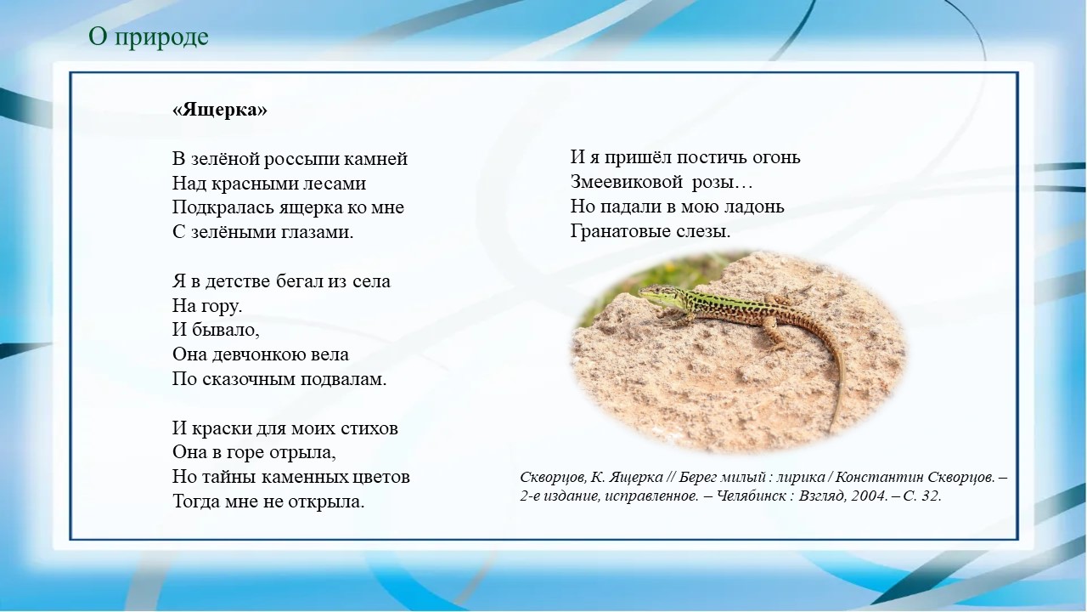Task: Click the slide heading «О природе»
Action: (149, 37)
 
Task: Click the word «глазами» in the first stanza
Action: (315, 231)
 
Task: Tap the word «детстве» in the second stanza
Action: (239, 280)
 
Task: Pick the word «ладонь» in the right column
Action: (756, 207)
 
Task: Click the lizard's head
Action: (651, 294)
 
